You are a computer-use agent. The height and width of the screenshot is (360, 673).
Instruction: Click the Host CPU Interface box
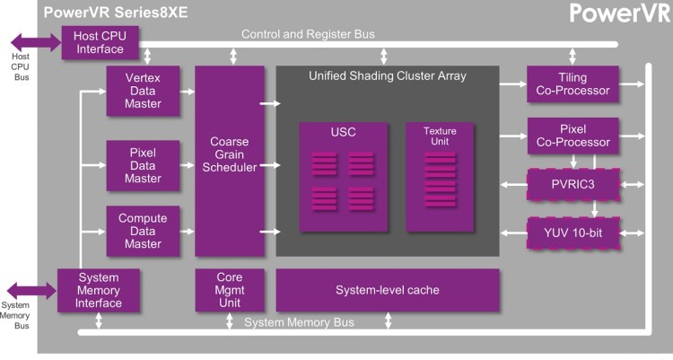(x=100, y=42)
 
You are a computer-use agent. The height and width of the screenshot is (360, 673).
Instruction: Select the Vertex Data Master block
(x=143, y=91)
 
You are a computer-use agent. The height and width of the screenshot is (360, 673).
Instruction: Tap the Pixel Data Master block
(x=143, y=165)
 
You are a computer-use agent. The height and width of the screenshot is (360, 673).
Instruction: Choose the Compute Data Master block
(x=143, y=231)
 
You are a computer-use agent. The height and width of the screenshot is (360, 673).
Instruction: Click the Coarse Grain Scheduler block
(x=230, y=161)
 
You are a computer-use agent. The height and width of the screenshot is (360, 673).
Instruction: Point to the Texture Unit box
(x=440, y=177)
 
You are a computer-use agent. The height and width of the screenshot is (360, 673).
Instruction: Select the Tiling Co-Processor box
(x=572, y=83)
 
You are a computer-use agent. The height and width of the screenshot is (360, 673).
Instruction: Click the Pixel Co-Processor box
(x=573, y=136)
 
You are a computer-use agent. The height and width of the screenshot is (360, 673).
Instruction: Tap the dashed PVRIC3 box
(x=573, y=185)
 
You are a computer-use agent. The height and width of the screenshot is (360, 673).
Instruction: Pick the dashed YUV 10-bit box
(x=573, y=233)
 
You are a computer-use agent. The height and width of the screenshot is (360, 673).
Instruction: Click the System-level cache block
(x=388, y=290)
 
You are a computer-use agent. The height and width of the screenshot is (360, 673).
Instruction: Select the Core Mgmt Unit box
(x=230, y=290)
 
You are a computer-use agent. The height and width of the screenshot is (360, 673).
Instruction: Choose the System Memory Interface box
(x=99, y=290)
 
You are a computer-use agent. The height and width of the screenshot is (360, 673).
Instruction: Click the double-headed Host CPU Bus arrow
(x=36, y=42)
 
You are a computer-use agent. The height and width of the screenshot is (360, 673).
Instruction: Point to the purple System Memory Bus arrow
(x=32, y=291)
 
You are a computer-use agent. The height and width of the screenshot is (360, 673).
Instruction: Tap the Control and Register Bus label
(x=308, y=34)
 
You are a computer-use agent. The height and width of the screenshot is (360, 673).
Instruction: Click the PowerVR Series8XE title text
(x=116, y=12)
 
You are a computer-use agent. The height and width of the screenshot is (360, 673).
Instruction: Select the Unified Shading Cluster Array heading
(x=387, y=76)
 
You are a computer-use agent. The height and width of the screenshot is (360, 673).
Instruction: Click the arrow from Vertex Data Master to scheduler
(x=188, y=92)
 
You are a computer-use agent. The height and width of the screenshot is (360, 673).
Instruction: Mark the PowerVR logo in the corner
(x=620, y=13)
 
